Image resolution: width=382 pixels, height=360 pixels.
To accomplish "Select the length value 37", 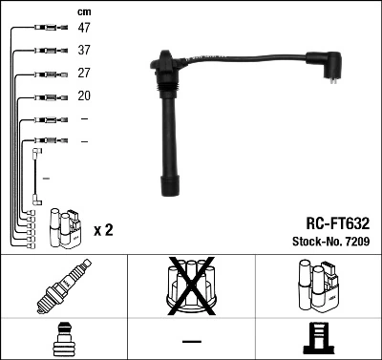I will pos(85,51).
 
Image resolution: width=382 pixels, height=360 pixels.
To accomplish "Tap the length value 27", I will pos(85,74).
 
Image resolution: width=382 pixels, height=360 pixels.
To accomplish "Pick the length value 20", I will pos(85,96).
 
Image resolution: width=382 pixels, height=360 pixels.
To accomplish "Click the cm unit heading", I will pos(84,11).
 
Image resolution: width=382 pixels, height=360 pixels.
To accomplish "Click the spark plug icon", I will pos(63,286).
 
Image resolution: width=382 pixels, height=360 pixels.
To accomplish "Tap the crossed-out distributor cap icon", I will pos(191,286).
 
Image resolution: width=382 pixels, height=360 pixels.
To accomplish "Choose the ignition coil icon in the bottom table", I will pos(318,286).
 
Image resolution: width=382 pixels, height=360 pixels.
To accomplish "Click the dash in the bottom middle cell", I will pos(191,340).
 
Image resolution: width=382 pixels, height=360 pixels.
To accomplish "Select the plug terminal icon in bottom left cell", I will pos(63,339).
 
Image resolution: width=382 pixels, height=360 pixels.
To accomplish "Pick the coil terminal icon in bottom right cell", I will pos(318,339).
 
